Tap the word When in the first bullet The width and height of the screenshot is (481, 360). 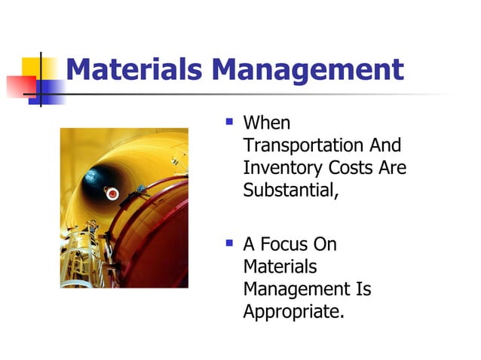pos(266,123)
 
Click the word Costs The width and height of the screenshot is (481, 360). pos(353,167)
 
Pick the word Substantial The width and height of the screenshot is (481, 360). pos(290,189)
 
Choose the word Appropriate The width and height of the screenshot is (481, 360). pos(293,310)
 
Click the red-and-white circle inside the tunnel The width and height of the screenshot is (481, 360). pos(113,194)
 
